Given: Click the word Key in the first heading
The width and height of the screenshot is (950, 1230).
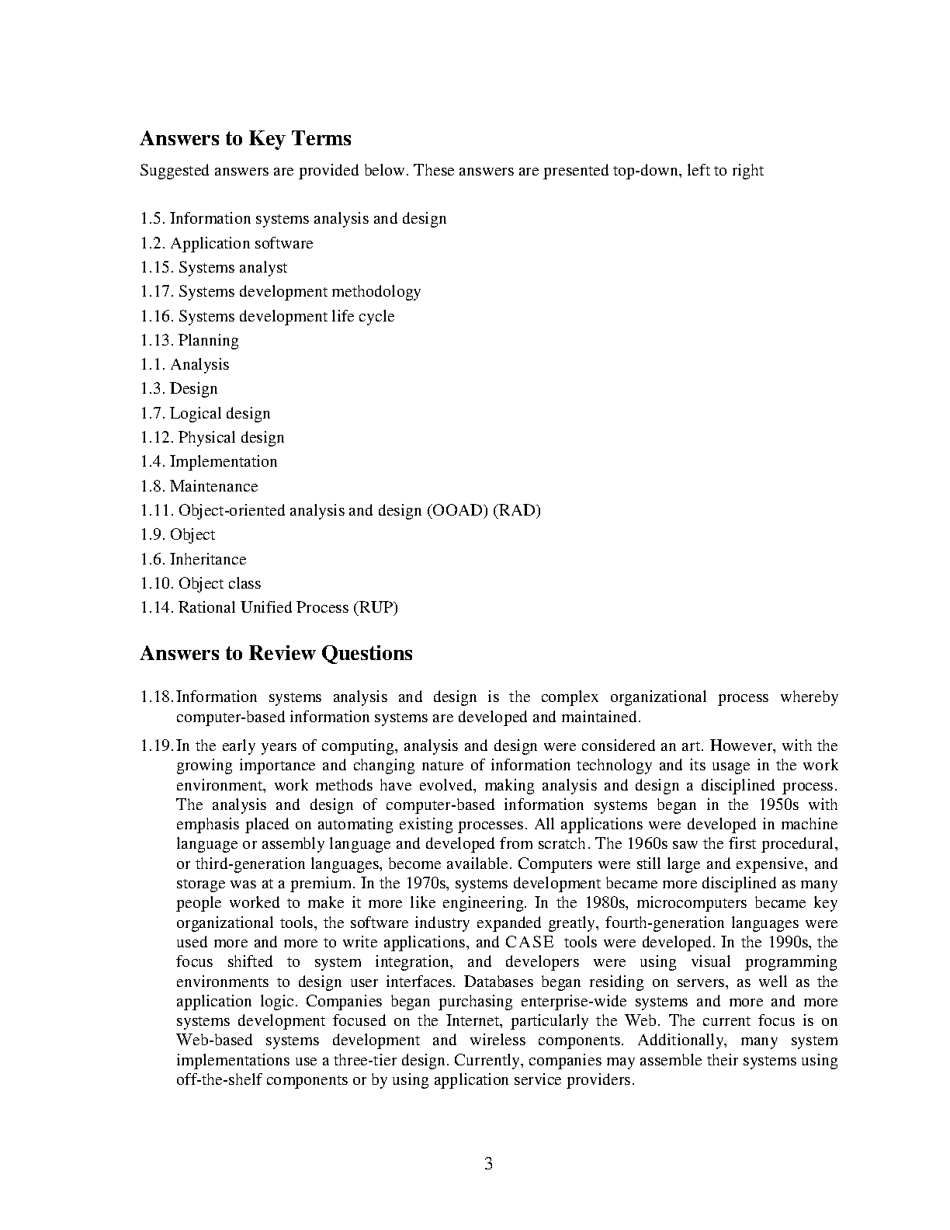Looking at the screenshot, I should pos(266,139).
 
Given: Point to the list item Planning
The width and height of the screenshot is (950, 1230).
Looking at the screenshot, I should pos(209,341).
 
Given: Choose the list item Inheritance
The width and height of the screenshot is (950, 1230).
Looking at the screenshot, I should pos(208,560).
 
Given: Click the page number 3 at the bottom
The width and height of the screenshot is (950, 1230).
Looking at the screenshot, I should pos(488,1163).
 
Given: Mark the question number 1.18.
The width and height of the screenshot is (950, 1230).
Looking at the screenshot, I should pos(157,697).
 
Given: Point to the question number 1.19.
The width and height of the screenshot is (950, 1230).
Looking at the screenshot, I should pos(157,746).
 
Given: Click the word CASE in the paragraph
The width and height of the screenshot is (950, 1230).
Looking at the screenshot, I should pos(529,943).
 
